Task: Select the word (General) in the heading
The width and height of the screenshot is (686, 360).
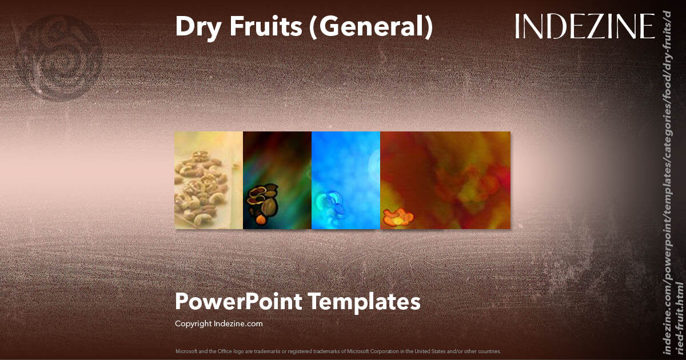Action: [370, 27]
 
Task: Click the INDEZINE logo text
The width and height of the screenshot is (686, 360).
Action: [584, 27]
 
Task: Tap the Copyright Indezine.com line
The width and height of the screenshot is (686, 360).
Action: [218, 323]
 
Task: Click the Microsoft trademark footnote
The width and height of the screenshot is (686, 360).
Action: [338, 351]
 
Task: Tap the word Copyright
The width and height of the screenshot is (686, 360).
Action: [193, 323]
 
